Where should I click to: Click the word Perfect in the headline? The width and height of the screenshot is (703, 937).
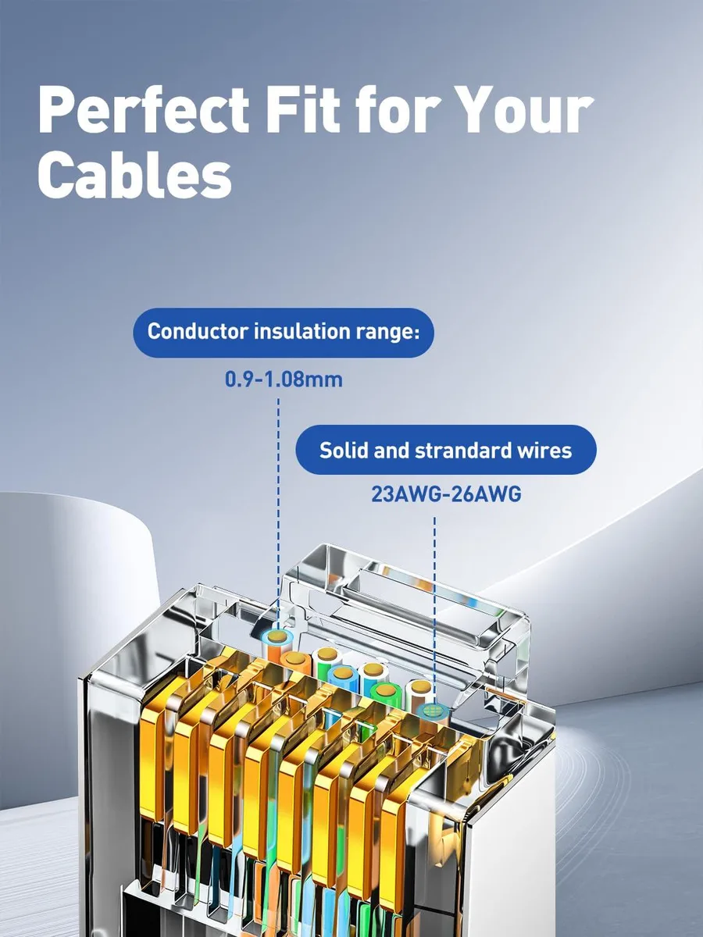tap(144, 110)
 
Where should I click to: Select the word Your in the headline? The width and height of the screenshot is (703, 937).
tap(514, 110)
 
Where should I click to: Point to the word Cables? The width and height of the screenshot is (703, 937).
tap(135, 175)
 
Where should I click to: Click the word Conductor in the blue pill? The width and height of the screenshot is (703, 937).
tap(197, 332)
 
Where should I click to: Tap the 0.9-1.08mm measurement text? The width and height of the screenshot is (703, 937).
tap(284, 379)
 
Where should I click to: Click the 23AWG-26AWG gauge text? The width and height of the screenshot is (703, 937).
tap(446, 494)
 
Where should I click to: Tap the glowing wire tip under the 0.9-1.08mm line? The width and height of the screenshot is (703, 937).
tap(278, 637)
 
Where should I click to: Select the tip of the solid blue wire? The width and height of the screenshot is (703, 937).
tap(342, 674)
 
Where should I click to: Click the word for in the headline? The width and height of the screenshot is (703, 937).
tap(387, 110)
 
